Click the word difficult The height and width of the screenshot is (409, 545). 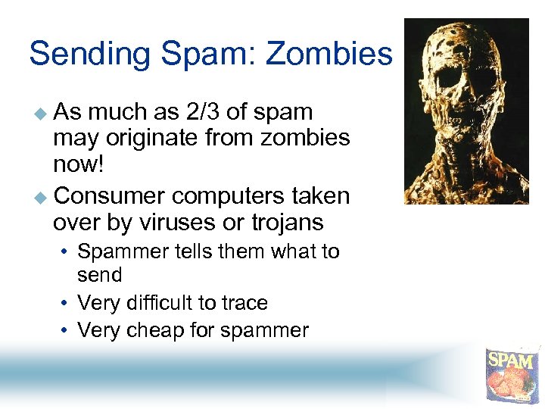click(155, 303)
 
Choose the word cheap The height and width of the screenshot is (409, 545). click(151, 330)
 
